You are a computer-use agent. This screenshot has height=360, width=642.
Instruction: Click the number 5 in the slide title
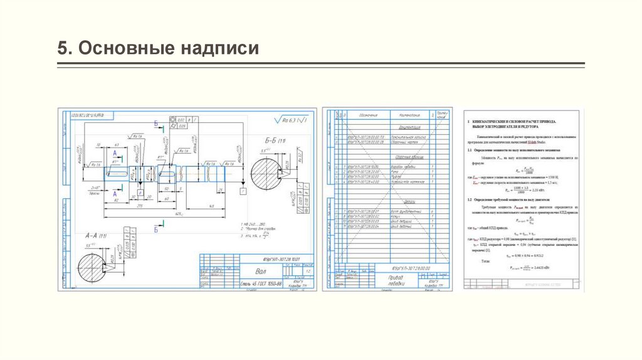[x=61, y=48]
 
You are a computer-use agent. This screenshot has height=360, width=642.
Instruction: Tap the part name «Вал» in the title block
[x=260, y=272]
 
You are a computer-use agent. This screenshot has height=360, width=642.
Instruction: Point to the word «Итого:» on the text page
[x=485, y=259]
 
